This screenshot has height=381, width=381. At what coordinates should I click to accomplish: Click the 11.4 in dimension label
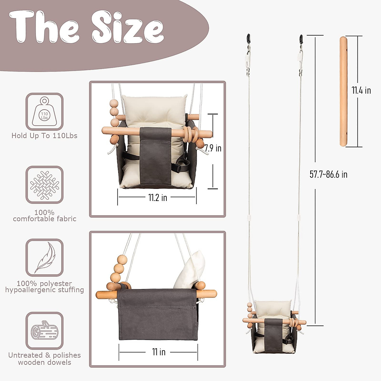coord(361,90)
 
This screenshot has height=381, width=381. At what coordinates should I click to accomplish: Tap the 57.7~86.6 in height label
coord(328,174)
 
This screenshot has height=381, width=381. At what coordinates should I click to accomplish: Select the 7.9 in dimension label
coord(213,148)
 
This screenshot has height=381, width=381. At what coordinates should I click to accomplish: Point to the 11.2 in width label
coord(157,197)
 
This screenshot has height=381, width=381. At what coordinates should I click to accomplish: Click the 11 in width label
coord(158,352)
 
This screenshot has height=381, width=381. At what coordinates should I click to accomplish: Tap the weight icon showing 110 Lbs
coord(44,111)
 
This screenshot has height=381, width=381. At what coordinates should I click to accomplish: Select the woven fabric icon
coord(44,185)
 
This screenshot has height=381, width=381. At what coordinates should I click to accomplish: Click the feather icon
coord(45,257)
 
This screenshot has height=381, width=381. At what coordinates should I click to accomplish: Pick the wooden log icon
coord(44,331)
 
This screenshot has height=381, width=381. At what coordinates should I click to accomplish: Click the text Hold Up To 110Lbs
coord(44,136)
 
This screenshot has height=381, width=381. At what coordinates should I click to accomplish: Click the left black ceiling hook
coord(248,39)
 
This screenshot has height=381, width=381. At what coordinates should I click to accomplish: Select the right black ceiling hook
coord(301,39)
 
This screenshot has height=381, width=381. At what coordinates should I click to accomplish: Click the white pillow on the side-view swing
coord(189,270)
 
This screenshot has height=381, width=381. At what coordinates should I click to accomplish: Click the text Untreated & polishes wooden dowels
coord(44,359)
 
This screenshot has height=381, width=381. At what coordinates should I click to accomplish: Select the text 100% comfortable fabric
coord(44,216)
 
